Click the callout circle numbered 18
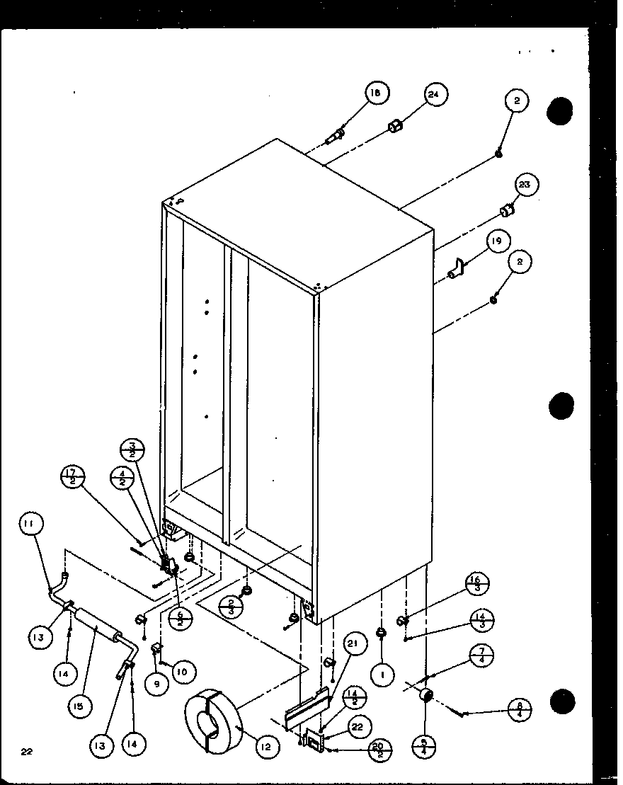377,93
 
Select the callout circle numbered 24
437,94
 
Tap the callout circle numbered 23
525,185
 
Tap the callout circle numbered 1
382,675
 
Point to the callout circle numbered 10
182,671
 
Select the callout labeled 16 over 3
476,587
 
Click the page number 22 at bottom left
27,752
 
